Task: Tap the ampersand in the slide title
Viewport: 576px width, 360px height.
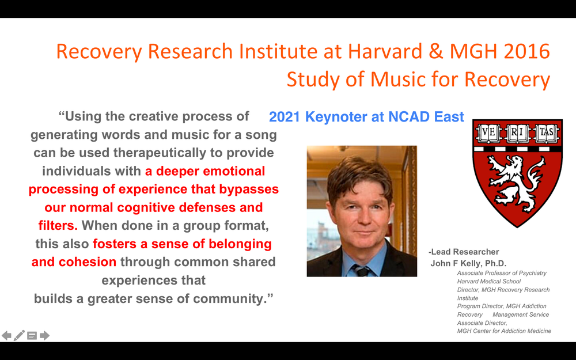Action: pos(436,51)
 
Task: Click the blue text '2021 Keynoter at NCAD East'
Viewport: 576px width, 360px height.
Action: pos(366,117)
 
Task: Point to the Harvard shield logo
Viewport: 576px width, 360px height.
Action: pos(517,173)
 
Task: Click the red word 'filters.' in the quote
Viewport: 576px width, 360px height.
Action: pos(58,225)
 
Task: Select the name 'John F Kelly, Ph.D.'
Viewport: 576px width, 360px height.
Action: pos(468,263)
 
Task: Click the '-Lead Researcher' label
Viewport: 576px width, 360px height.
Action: pos(464,252)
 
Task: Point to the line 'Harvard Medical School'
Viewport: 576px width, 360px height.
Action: pos(489,282)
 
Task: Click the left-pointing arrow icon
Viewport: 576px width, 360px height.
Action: pos(6,335)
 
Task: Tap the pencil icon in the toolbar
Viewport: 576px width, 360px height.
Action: pos(19,335)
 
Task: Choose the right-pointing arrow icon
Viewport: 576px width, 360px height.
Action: pos(45,335)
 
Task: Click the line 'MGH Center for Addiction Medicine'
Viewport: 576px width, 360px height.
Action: pos(504,331)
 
